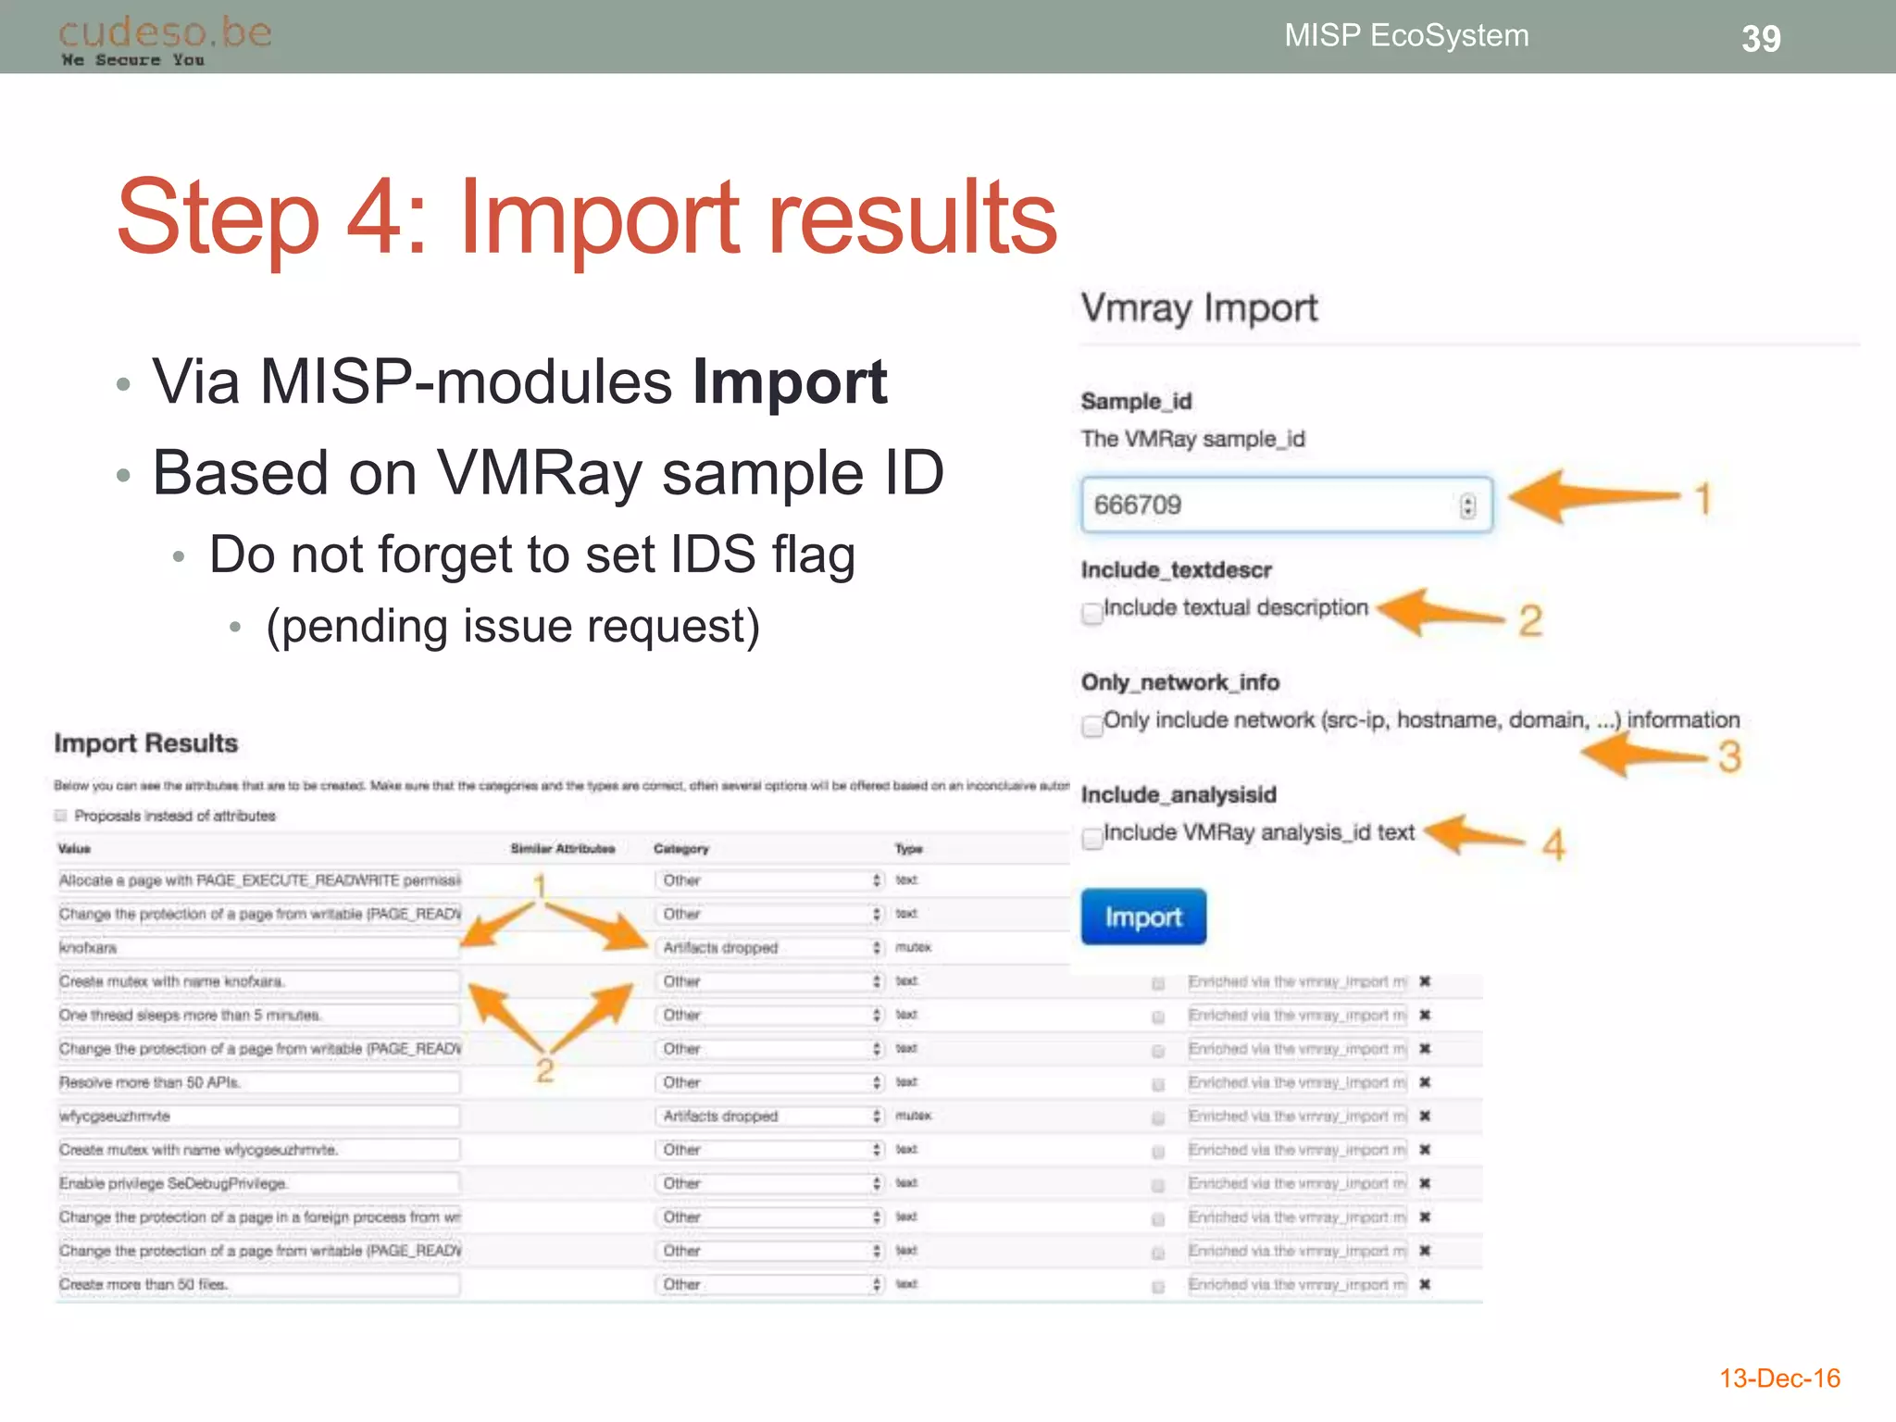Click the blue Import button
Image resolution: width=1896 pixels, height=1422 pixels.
1143,917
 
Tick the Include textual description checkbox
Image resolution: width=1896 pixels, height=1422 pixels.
1092,613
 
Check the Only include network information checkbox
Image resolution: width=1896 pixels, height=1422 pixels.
1092,726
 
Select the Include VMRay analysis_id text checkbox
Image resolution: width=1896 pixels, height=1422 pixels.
1092,838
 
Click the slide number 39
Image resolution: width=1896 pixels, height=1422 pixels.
1761,39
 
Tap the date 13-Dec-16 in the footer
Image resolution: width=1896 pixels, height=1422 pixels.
1779,1378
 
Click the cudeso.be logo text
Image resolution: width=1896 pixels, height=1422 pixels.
165,33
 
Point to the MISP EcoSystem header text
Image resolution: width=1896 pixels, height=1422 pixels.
1406,35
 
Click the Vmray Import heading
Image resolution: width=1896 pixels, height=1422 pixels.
1199,308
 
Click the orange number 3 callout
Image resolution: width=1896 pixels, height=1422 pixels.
1729,757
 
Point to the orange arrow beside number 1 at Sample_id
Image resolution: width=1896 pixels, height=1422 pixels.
1592,497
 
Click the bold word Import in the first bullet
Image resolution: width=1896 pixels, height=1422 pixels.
790,381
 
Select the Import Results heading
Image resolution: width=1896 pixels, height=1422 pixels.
145,743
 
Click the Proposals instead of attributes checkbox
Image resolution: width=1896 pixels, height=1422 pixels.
61,816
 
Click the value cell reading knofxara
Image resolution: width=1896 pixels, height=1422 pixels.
89,948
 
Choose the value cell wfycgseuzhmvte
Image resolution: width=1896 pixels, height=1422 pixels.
115,1116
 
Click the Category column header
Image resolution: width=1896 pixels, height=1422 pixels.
680,849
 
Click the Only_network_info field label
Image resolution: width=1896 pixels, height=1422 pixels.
1179,682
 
